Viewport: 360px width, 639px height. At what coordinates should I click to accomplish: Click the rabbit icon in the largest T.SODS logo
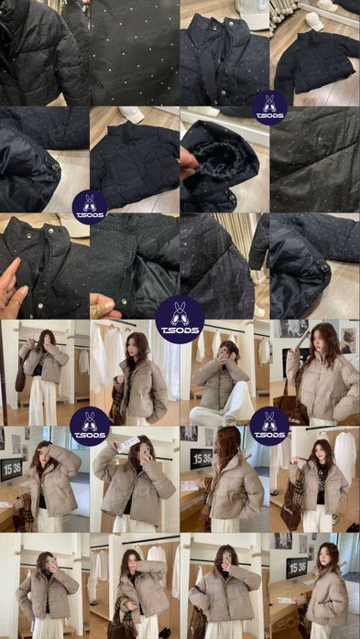(180, 313)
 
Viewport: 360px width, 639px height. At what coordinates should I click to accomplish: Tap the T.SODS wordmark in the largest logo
(180, 330)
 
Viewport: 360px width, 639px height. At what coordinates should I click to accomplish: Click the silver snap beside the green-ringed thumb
(124, 301)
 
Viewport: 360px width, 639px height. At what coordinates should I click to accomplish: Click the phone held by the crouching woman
(224, 353)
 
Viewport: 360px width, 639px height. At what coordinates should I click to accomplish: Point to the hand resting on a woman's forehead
(46, 449)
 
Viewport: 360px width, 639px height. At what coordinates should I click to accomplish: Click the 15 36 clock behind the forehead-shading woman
(11, 464)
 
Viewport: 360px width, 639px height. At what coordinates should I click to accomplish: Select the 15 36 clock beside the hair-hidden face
(201, 460)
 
